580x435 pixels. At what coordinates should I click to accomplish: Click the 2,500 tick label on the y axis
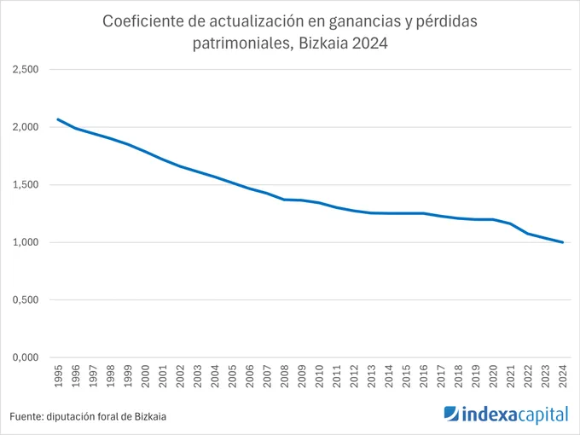click(26, 69)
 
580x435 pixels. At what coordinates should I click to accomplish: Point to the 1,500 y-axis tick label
click(26, 184)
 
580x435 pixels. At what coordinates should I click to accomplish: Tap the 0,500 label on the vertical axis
click(26, 299)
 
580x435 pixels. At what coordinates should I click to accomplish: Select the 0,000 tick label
click(26, 357)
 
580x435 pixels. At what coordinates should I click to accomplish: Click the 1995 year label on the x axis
click(59, 376)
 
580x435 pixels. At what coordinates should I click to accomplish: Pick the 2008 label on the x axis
click(284, 376)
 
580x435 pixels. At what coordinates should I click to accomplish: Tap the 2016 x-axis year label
click(424, 376)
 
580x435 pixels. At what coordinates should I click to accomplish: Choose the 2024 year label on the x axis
click(563, 376)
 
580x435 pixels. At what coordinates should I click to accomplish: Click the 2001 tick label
click(163, 376)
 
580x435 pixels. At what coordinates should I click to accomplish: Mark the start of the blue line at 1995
click(58, 119)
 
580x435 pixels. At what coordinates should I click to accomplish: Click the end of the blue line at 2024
click(562, 242)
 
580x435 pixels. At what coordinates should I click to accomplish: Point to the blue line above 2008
click(284, 200)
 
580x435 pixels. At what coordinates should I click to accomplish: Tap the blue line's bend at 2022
click(528, 234)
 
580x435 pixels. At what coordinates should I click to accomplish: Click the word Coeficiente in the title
click(143, 21)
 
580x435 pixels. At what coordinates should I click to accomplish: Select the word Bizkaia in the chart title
click(323, 43)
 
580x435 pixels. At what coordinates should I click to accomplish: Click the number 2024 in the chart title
click(369, 43)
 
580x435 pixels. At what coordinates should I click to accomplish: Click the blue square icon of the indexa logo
click(451, 414)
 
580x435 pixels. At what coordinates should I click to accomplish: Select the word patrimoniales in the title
click(241, 43)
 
